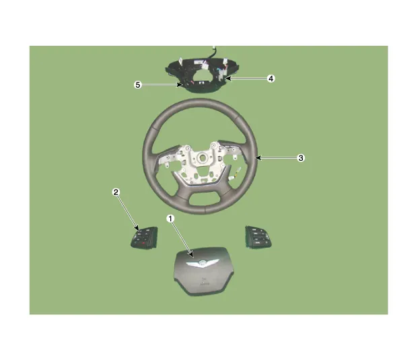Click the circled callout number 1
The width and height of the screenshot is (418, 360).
[x=170, y=219]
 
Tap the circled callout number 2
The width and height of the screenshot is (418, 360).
[x=116, y=192]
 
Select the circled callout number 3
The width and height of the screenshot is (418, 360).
[x=301, y=158]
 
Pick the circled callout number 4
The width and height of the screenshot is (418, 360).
[x=271, y=79]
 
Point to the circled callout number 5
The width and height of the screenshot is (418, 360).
[x=137, y=85]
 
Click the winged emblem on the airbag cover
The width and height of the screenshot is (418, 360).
[x=203, y=263]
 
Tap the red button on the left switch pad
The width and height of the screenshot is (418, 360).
[x=143, y=243]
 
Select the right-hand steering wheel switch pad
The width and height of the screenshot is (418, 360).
[x=258, y=237]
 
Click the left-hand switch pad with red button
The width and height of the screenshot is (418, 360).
[x=144, y=238]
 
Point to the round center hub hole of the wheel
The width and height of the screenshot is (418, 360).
[x=201, y=157]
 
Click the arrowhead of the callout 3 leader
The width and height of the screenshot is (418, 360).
[x=258, y=158]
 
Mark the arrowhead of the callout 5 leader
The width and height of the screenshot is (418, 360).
[x=180, y=85]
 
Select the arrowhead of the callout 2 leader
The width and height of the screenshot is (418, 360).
[x=137, y=228]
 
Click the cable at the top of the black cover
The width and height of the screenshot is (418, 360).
[x=213, y=52]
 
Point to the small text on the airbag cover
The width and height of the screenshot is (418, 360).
[x=204, y=282]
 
